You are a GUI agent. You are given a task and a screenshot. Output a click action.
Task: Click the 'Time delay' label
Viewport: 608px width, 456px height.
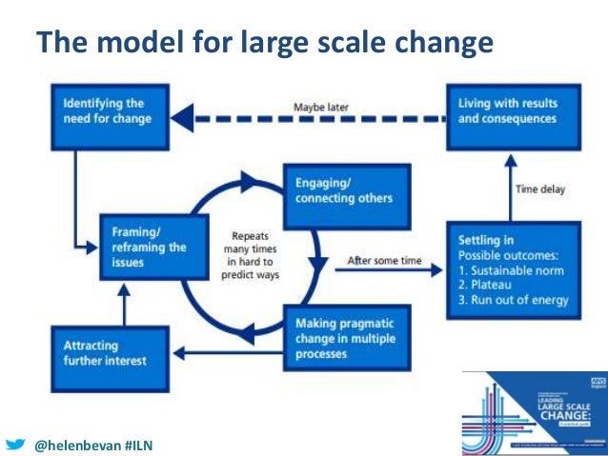point(541,189)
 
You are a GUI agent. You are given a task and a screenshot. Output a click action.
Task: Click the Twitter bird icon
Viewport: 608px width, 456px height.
point(14,444)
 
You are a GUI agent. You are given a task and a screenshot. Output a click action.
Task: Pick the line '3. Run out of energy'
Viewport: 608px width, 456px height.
point(513,301)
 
